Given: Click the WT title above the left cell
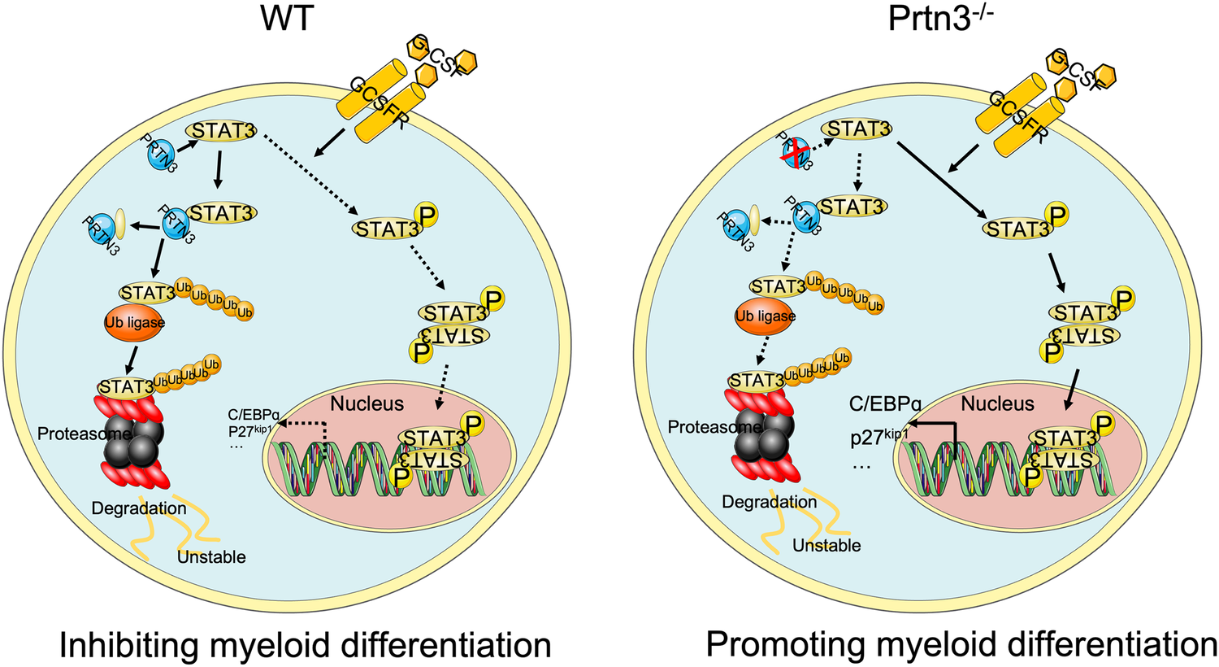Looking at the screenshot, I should tap(289, 18).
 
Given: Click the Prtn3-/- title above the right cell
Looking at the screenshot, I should tap(941, 18).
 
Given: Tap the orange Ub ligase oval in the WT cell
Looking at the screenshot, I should tap(134, 322).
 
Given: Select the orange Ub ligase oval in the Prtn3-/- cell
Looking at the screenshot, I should tap(765, 316).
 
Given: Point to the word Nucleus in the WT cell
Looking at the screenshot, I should tap(367, 403).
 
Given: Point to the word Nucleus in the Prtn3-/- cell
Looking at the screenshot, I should tap(997, 403).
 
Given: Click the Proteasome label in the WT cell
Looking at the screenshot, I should tap(73, 434).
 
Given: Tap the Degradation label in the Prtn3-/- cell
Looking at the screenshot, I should tap(769, 502).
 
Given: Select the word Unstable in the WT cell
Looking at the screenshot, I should tap(211, 556).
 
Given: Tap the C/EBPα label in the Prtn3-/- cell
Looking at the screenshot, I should tap(885, 403).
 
